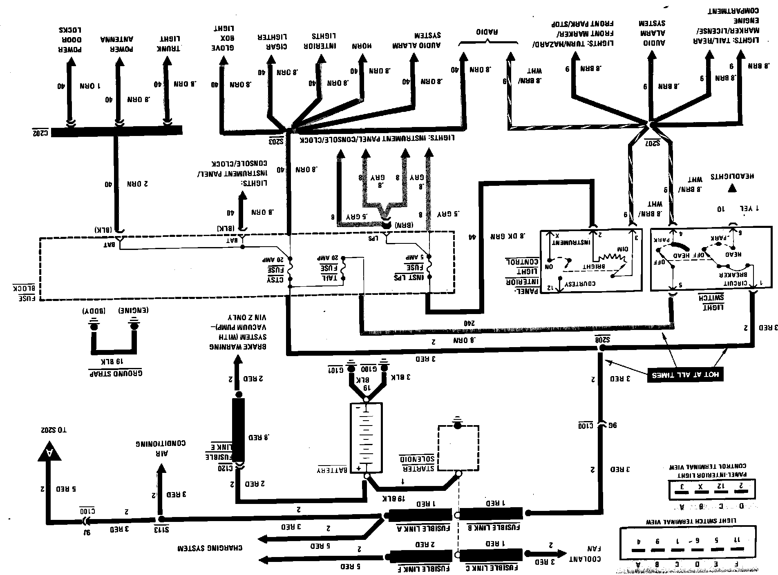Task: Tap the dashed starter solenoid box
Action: click(458, 448)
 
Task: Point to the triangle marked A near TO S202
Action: click(49, 451)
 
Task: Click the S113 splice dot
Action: click(161, 519)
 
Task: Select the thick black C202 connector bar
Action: click(116, 131)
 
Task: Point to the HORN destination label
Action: click(362, 46)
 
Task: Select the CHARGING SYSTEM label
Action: click(210, 548)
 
